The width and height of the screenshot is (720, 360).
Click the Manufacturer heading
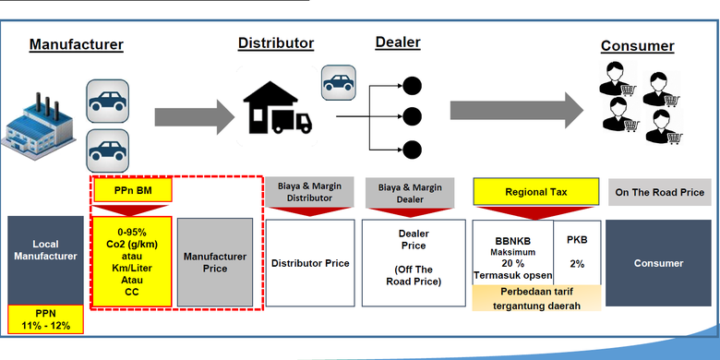77,44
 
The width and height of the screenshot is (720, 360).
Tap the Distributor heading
276,43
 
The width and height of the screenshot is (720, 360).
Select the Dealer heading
398,42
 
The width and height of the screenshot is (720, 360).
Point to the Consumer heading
637,46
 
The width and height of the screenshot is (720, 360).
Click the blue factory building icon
38,126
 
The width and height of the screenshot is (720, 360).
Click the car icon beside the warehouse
339,83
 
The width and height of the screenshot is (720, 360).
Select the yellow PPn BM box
133,190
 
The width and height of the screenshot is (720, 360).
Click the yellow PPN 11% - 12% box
45,319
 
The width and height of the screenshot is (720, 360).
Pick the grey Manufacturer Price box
215,262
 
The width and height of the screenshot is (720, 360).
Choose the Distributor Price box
310,263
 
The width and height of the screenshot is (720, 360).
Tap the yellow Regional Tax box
536,191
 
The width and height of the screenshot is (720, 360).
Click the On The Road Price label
659,192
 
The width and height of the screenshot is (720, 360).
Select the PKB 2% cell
577,252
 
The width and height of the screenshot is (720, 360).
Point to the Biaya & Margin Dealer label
410,193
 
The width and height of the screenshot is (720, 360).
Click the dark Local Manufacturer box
45,260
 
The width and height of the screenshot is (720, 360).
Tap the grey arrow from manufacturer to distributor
194,117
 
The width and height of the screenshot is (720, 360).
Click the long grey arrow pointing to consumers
517,110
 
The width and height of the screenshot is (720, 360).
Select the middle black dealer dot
412,117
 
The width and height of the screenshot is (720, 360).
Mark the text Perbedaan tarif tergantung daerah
537,298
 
